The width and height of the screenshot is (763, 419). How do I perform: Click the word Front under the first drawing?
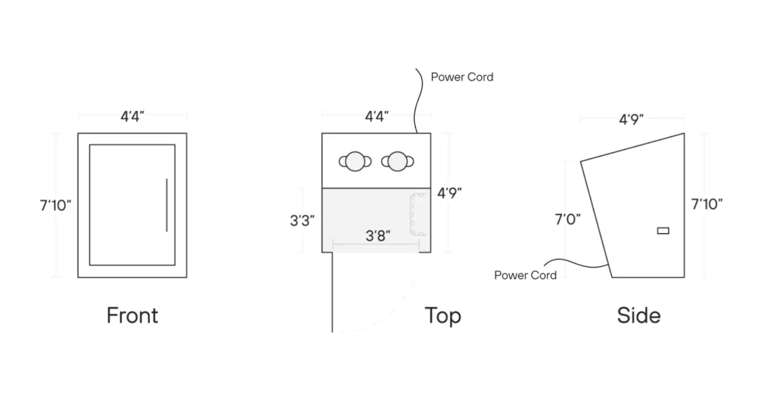click(x=132, y=315)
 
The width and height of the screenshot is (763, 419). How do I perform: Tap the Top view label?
click(x=443, y=315)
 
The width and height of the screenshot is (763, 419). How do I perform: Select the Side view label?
click(x=639, y=315)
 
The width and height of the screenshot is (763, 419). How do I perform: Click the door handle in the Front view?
click(x=166, y=205)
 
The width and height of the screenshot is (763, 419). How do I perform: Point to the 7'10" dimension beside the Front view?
click(x=56, y=205)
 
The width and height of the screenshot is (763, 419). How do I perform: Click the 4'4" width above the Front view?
click(x=132, y=116)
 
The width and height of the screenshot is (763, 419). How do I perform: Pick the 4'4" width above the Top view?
click(x=376, y=116)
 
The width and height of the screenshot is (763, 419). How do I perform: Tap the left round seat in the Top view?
click(x=354, y=160)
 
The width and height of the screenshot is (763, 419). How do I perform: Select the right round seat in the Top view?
click(x=397, y=160)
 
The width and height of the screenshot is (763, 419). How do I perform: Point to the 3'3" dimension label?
click(x=303, y=220)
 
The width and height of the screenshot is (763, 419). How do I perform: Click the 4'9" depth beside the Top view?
click(x=449, y=193)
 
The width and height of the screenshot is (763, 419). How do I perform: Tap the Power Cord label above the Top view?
click(x=462, y=77)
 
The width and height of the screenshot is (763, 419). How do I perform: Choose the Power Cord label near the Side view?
click(x=525, y=275)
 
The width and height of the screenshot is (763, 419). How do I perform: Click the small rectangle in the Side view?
click(x=662, y=231)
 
